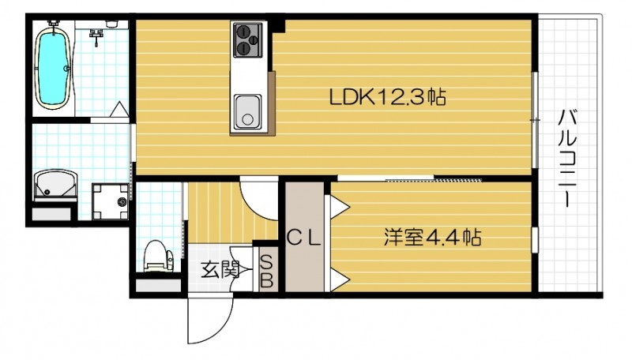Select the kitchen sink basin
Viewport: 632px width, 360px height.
(246, 111)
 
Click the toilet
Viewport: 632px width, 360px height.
(157, 254)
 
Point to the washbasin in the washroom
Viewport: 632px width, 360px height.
(55, 186)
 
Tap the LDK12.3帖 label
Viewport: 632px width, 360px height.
(387, 98)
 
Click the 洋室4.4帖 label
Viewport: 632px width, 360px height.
(434, 236)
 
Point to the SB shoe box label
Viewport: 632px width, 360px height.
(266, 270)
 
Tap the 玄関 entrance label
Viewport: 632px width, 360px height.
(219, 270)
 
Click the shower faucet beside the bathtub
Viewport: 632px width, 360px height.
(97, 33)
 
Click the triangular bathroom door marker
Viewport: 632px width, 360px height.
(118, 111)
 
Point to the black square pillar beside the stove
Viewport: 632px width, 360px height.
(279, 28)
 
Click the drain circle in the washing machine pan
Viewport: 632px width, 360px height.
(122, 203)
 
